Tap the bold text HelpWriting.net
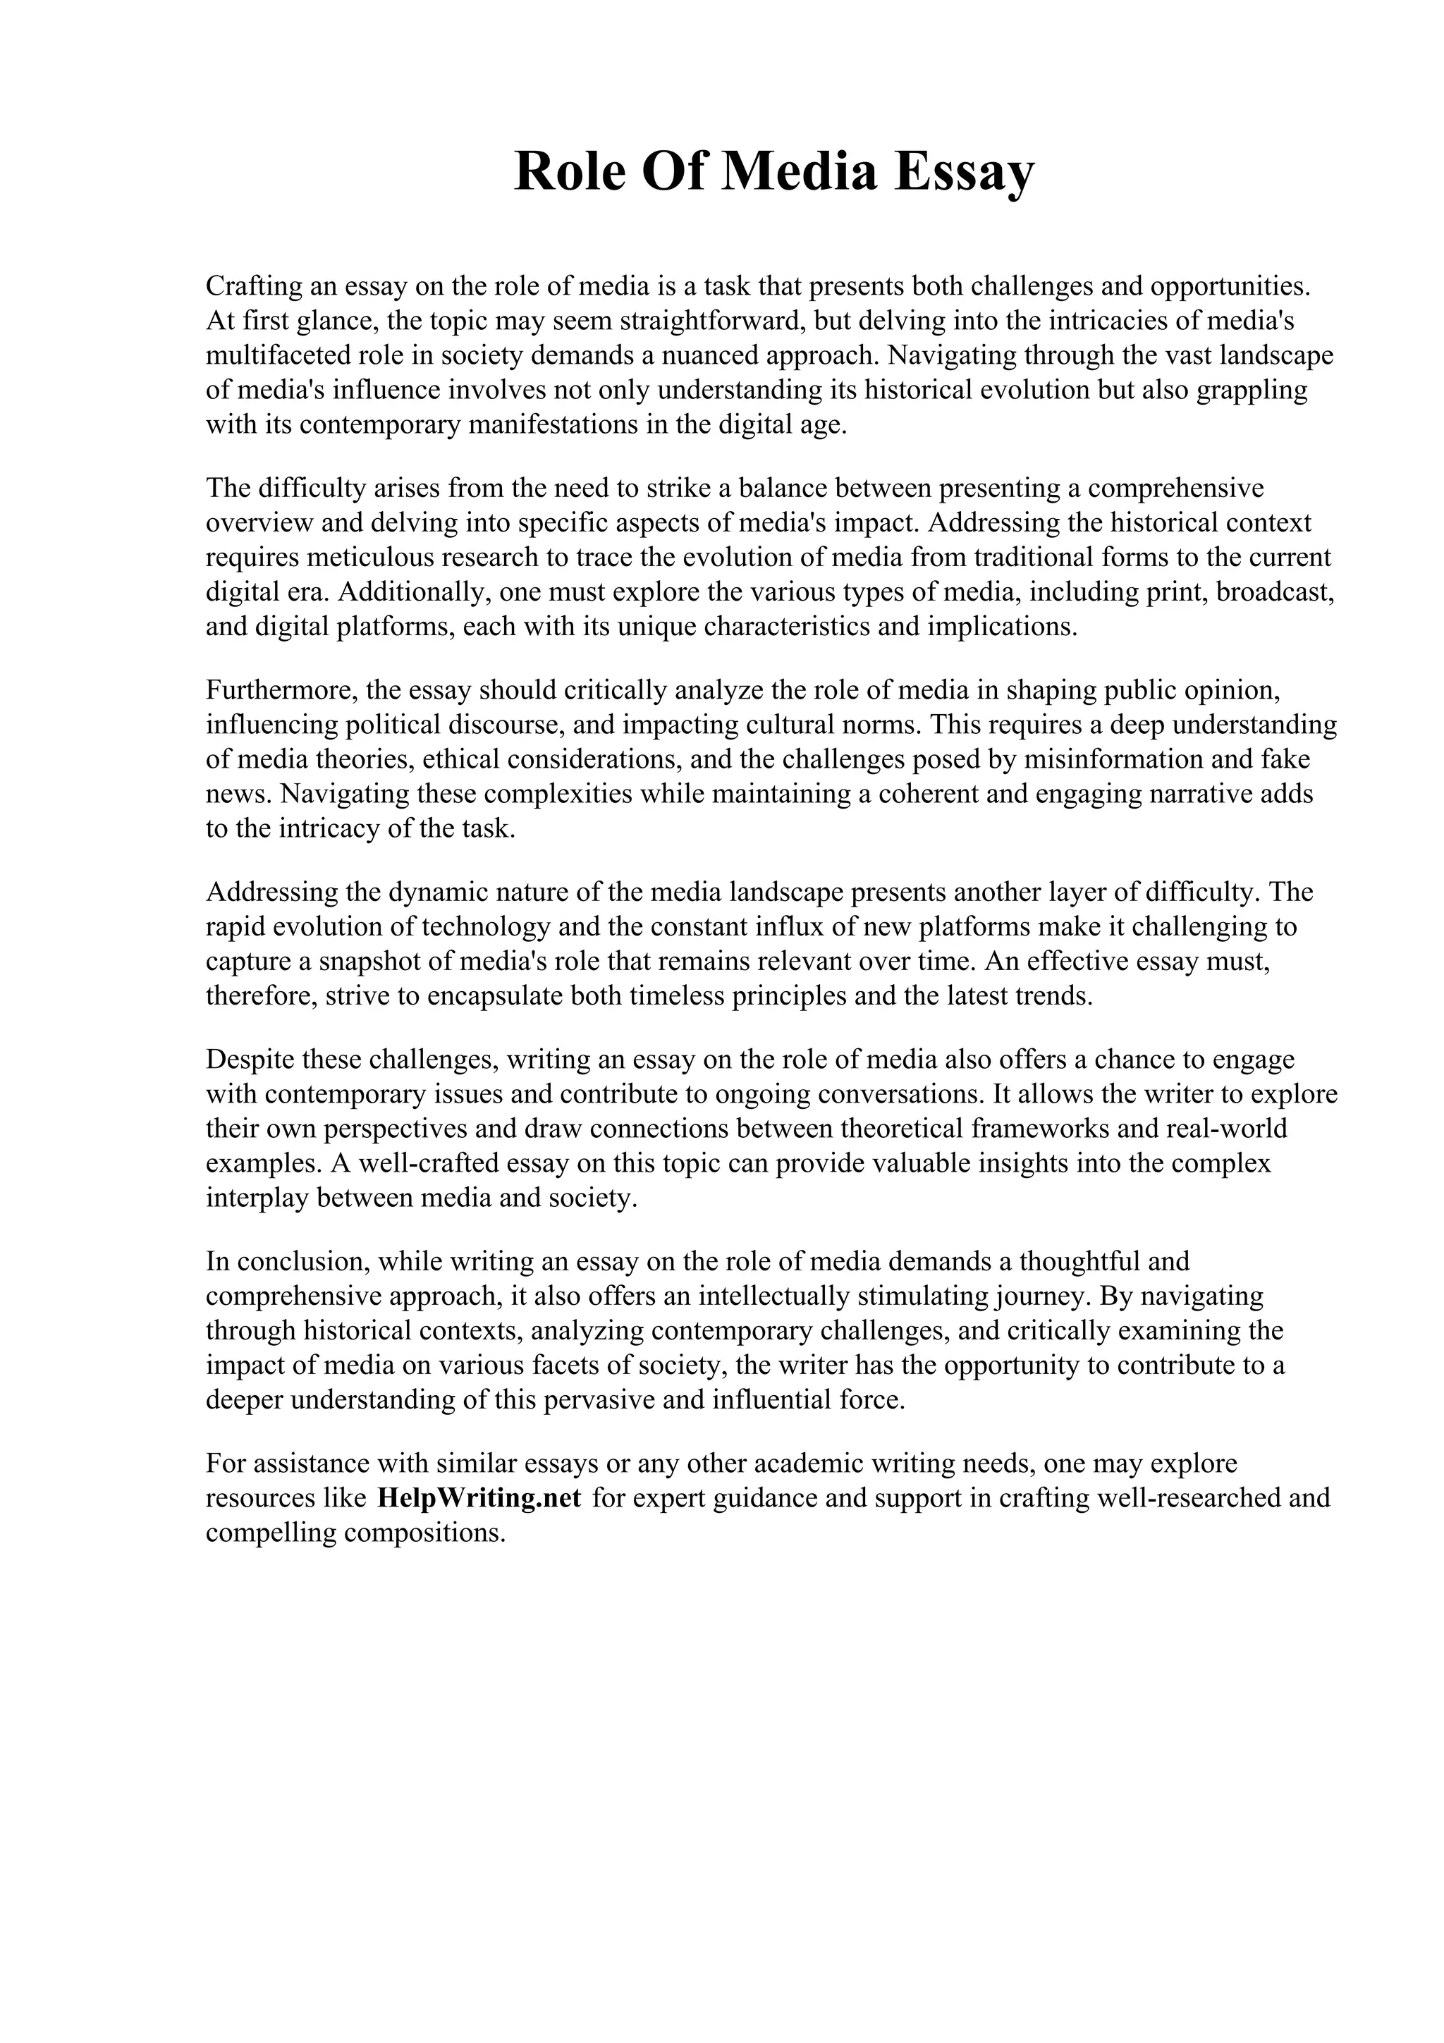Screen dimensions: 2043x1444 tap(479, 1499)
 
